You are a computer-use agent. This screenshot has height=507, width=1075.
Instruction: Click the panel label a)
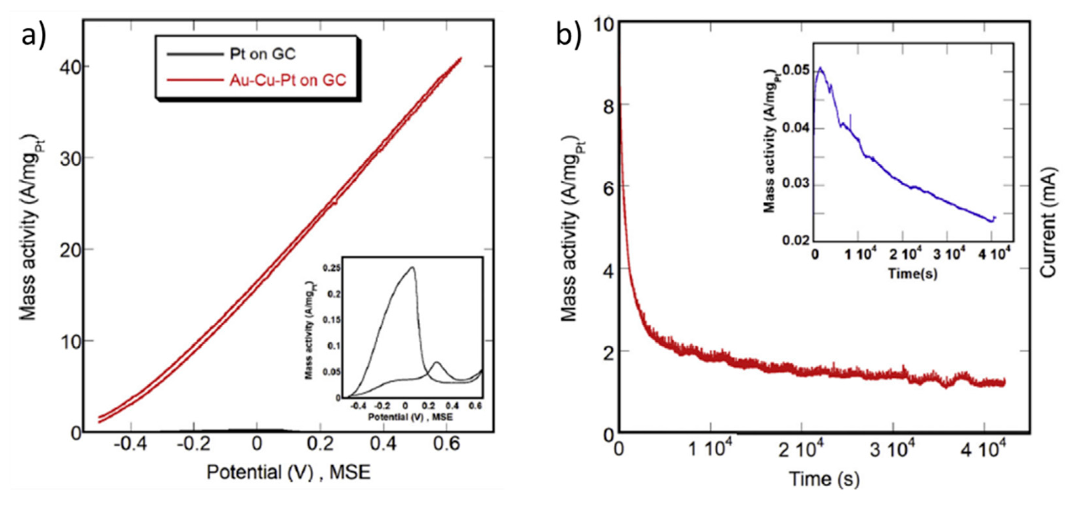[x=33, y=37]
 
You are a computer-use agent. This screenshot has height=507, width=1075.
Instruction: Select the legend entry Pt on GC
[x=262, y=54]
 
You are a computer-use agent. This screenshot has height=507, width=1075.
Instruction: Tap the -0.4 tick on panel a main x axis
[x=130, y=444]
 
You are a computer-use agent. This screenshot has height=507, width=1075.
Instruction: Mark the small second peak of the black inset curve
[x=436, y=362]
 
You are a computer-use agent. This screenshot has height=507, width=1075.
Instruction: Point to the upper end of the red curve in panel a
[x=461, y=58]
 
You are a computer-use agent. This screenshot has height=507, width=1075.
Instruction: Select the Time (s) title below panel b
[x=824, y=479]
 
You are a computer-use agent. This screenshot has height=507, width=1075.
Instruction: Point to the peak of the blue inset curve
[x=820, y=68]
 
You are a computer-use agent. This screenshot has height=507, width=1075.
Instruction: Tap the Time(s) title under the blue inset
[x=912, y=274]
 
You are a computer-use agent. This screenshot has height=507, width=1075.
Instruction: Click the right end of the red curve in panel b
[x=1004, y=382]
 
